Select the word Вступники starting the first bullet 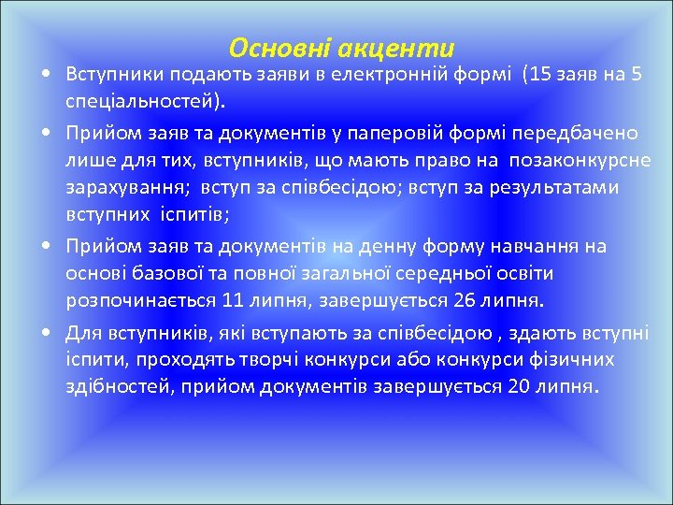tap(111, 75)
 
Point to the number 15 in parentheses tap(542, 75)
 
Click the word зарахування tap(121, 188)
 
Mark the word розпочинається tap(140, 300)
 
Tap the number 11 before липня tap(234, 300)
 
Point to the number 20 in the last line tap(518, 387)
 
